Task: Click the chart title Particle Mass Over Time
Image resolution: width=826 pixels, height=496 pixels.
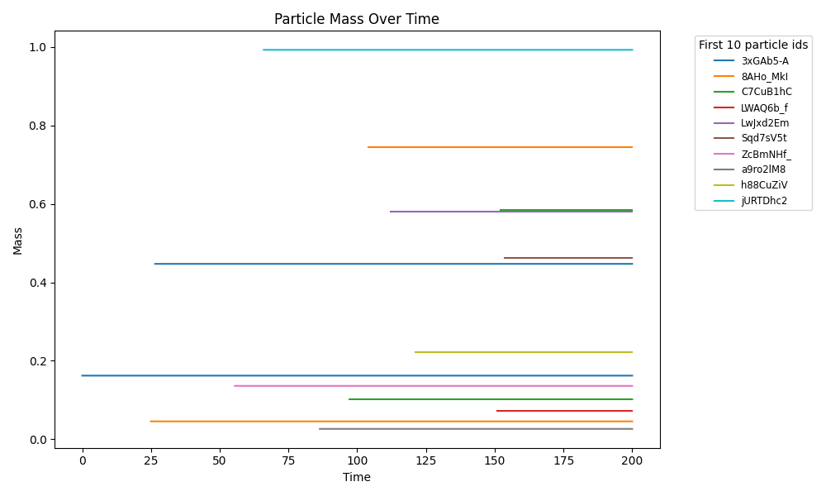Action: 357,19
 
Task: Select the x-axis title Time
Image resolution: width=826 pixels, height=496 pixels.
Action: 357,477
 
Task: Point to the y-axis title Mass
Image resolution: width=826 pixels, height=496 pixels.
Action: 17,240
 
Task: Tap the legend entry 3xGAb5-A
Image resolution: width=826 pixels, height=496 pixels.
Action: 764,61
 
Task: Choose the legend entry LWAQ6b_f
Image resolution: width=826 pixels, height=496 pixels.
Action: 763,107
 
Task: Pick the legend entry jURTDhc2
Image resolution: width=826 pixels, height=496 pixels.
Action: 763,201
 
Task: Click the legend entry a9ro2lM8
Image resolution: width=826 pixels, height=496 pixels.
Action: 763,169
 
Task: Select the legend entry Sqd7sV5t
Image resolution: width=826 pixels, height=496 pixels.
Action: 763,138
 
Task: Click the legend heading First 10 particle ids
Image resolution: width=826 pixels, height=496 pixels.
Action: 753,45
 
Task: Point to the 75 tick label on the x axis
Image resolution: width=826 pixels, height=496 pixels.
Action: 288,460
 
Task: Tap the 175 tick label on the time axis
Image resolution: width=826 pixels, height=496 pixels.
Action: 563,460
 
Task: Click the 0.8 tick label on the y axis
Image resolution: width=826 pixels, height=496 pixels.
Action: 36,126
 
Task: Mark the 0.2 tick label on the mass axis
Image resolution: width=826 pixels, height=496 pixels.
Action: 36,361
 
